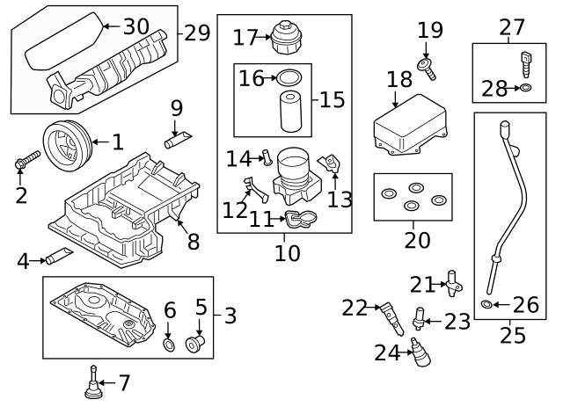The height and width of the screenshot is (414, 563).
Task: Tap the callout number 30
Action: [136, 26]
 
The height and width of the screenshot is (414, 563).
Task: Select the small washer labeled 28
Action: [525, 88]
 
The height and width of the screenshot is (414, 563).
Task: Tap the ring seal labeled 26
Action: [487, 304]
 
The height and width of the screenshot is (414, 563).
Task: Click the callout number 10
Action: [287, 255]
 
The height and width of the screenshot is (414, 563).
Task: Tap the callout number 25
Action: [512, 335]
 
